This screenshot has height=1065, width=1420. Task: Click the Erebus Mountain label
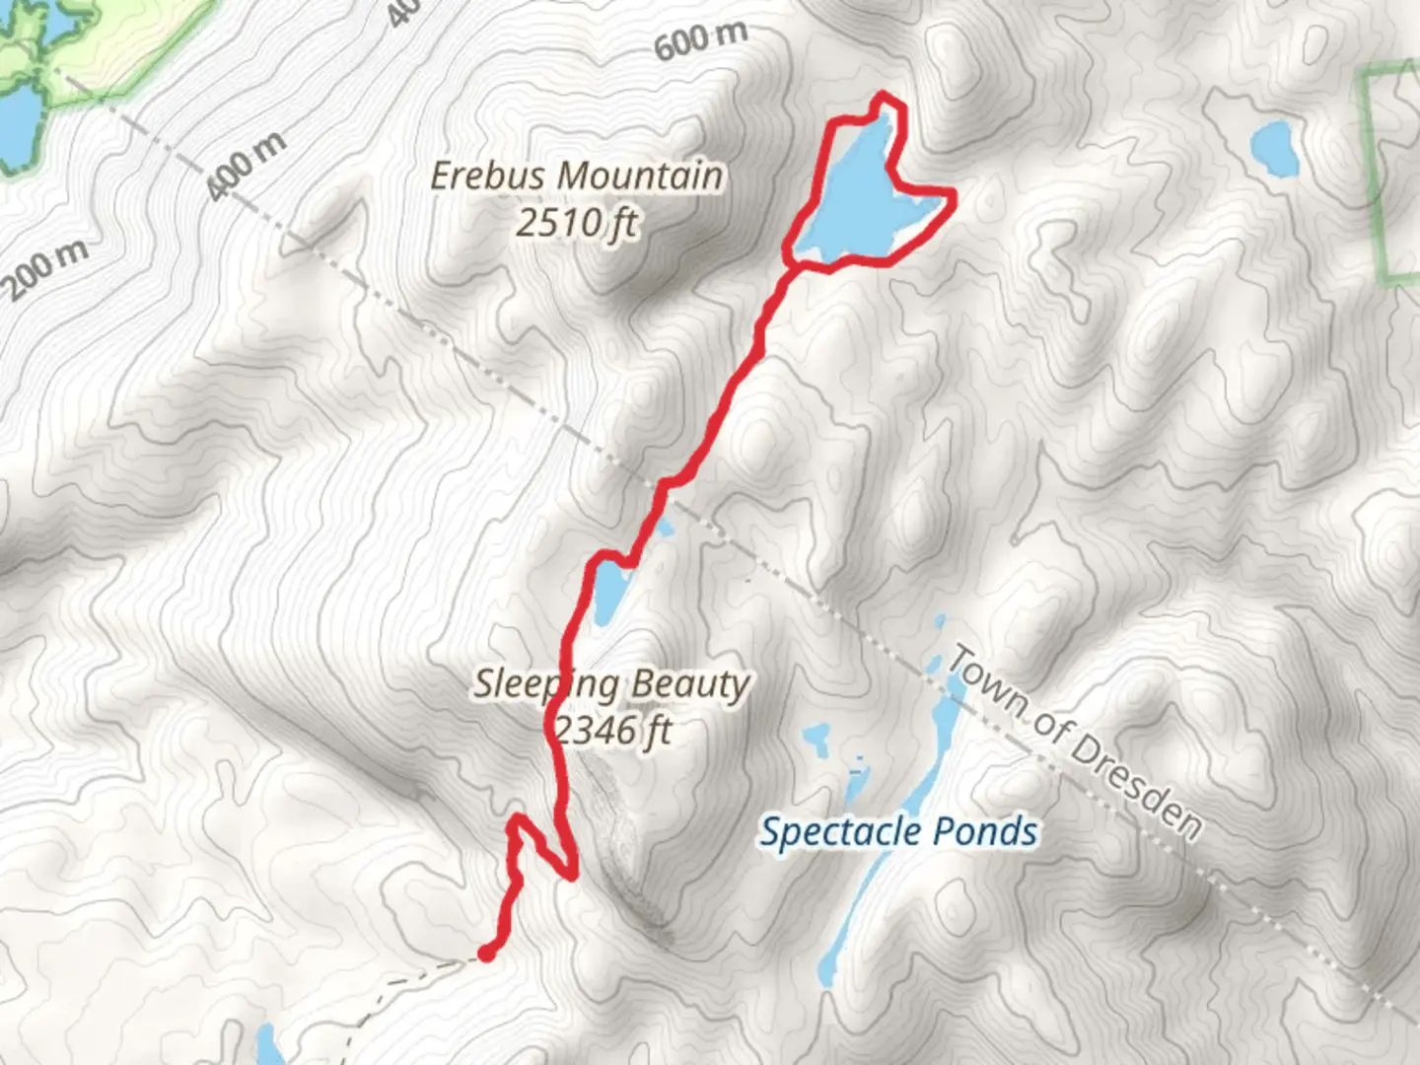[x=577, y=177]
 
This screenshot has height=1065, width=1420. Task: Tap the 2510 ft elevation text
[x=577, y=224]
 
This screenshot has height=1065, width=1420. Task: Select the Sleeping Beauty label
[x=611, y=683]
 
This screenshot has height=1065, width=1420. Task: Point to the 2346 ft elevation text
[x=613, y=731]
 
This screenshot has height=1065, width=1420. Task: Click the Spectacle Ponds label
[x=898, y=832]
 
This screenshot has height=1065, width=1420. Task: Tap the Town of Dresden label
[x=1075, y=745]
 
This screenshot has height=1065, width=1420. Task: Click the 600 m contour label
[x=701, y=39]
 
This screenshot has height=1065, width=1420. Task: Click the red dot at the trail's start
[x=486, y=953]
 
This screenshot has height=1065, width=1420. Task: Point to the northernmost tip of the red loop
[x=884, y=97]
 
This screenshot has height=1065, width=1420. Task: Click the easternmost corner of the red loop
[x=953, y=196]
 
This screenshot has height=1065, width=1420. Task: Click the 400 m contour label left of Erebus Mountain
[x=248, y=166]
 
